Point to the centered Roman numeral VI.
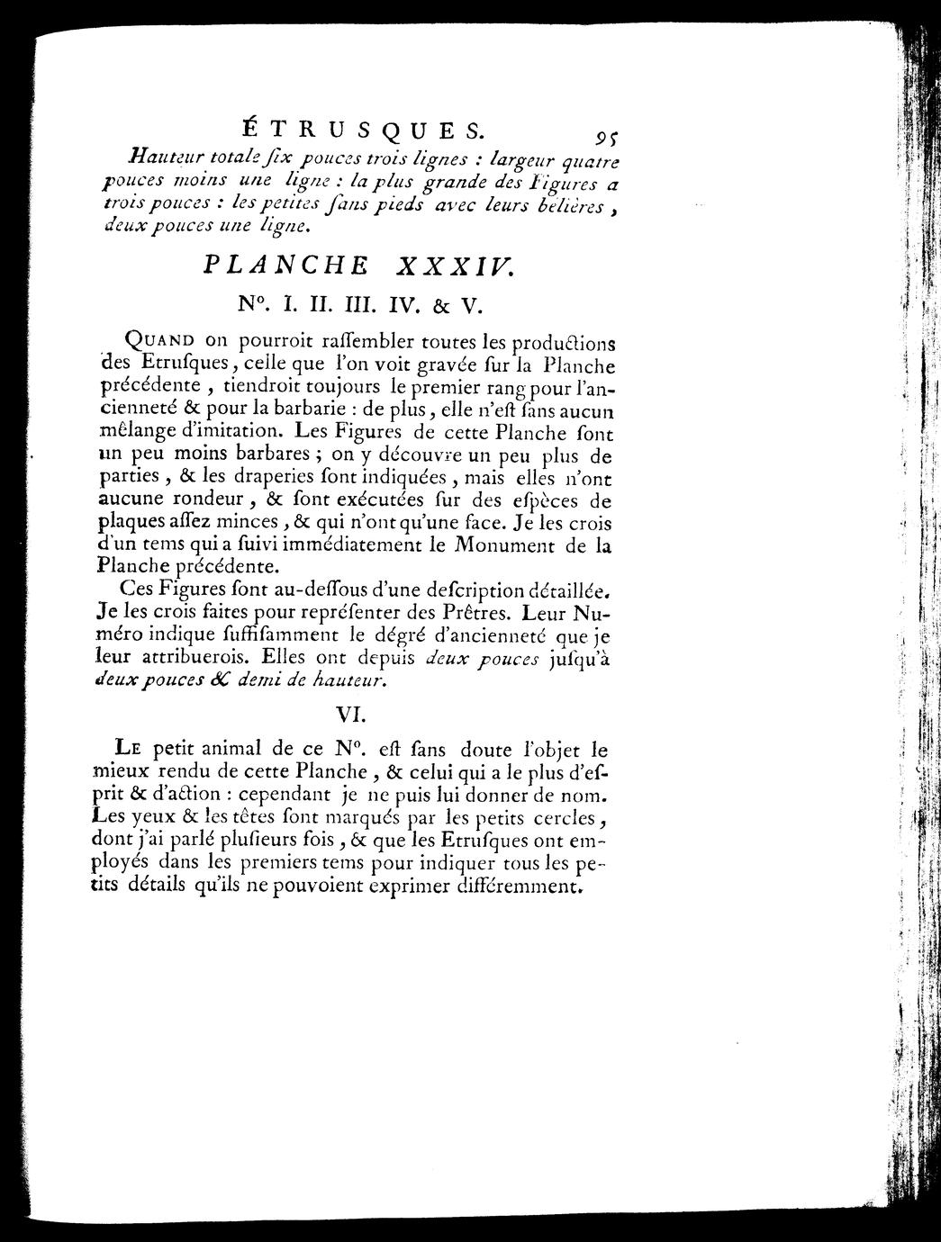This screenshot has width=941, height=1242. [x=348, y=713]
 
